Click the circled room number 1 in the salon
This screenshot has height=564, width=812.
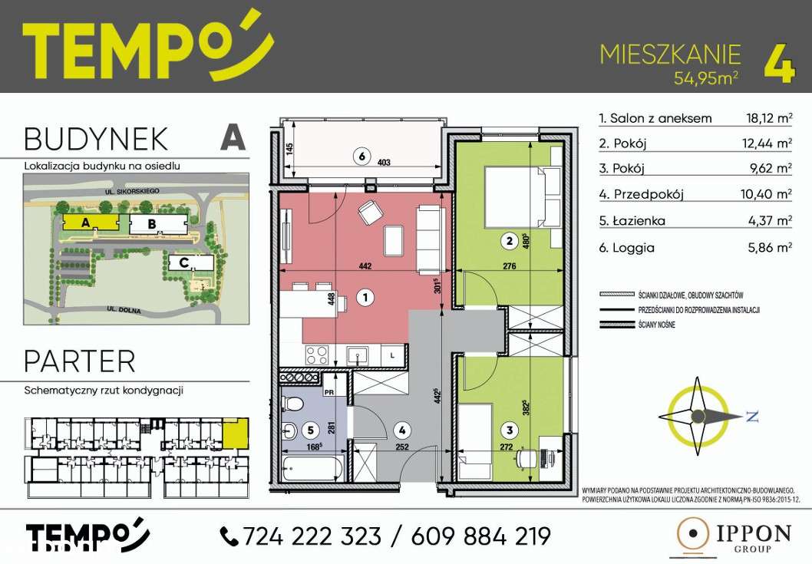pos(366,295)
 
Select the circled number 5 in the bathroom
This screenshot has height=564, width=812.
pos(310,431)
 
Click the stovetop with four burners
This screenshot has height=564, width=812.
pos(319,355)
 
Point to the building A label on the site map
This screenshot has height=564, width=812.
pos(86,223)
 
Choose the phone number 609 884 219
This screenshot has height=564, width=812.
pos(481,536)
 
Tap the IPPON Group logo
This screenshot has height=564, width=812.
pos(728,536)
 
